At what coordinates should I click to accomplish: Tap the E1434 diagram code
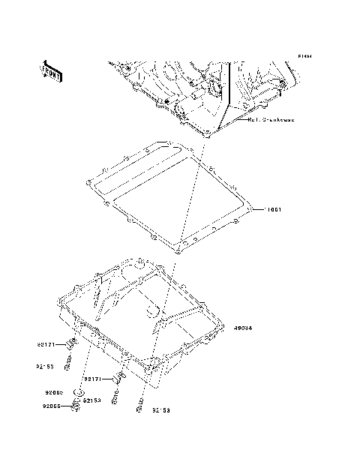(304, 56)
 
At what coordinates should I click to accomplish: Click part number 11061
(274, 210)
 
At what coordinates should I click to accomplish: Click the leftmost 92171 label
(46, 345)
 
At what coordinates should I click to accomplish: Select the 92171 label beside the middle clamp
(94, 379)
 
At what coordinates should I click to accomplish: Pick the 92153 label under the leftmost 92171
(46, 367)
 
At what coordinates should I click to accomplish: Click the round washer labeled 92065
(78, 392)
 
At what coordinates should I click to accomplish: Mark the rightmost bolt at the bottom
(140, 409)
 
